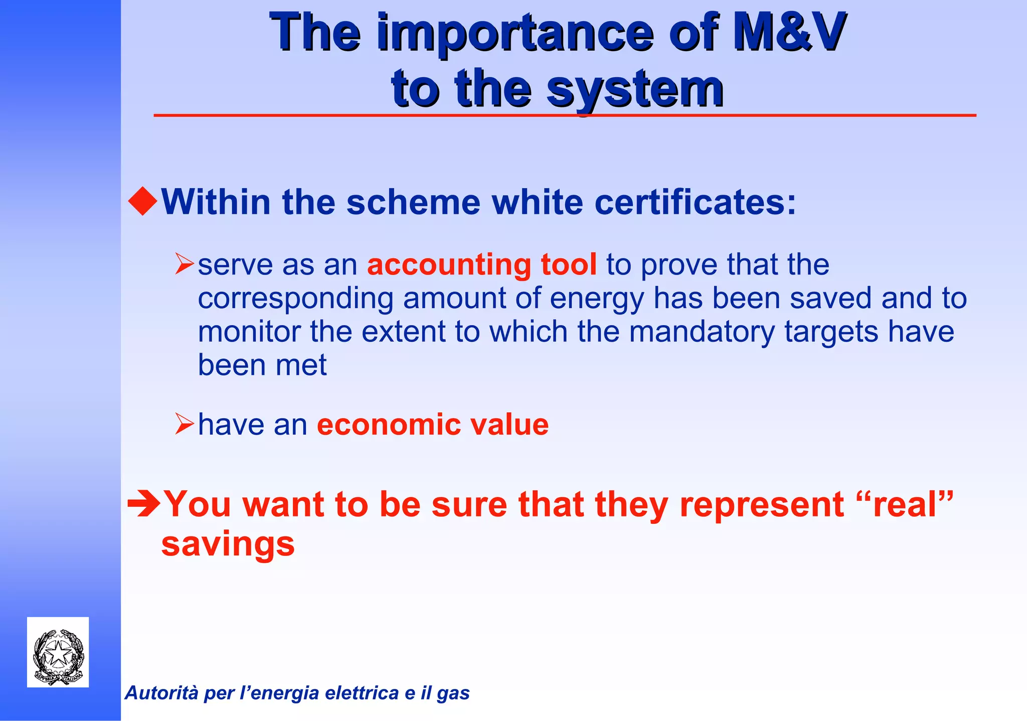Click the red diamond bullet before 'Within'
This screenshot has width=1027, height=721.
(143, 201)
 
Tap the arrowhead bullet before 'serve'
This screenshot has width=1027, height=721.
(184, 264)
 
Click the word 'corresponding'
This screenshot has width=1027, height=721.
(295, 299)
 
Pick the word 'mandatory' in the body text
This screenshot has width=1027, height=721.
(702, 332)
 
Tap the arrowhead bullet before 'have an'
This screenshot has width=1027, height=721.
(184, 424)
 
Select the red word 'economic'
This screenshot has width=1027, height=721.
(388, 424)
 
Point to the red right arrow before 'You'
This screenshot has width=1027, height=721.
(144, 504)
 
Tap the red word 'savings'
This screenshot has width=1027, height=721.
(228, 544)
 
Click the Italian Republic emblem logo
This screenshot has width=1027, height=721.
(58, 652)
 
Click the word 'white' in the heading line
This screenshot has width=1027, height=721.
(537, 202)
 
